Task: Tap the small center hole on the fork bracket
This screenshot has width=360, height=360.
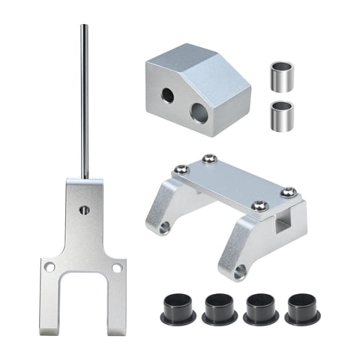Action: tap(85, 211)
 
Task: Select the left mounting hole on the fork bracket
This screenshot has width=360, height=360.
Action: tap(49, 266)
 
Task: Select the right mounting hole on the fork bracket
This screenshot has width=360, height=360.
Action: tap(117, 267)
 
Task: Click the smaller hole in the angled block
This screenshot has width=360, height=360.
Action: tap(168, 95)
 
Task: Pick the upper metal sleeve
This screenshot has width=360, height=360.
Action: tap(281, 76)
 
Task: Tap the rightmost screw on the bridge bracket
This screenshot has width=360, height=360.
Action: tap(288, 193)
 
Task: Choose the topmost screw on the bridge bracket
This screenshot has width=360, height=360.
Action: tap(209, 159)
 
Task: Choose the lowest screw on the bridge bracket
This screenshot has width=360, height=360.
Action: tap(258, 205)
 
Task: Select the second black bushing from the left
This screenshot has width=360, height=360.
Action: tap(219, 309)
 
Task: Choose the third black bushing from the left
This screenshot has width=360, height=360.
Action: tap(261, 309)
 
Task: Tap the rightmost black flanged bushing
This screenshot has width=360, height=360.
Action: tap(302, 309)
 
